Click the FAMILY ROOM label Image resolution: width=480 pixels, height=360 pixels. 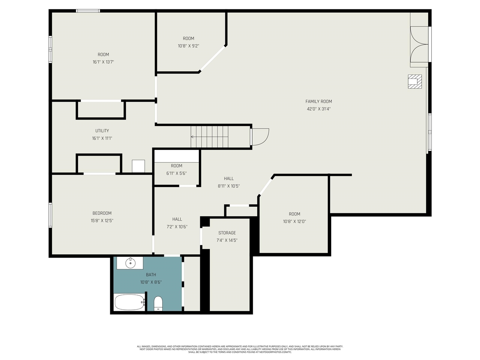tap(318, 101)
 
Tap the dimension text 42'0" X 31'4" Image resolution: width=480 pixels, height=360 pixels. tap(318, 109)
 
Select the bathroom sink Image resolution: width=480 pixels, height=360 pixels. tap(130, 263)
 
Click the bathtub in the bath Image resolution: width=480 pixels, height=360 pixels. tap(129, 302)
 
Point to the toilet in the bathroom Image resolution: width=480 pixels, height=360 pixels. tap(158, 303)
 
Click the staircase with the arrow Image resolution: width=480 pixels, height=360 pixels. tap(209, 137)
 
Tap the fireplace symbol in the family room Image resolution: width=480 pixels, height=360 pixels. tap(415, 81)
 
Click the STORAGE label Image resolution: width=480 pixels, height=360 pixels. tap(227, 233)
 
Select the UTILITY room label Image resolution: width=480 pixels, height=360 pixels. tap(102, 131)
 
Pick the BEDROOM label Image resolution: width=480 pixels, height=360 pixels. tap(102, 213)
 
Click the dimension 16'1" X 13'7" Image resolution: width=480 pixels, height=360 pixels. tap(103, 62)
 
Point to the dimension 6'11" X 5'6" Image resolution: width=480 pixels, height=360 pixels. tap(176, 174)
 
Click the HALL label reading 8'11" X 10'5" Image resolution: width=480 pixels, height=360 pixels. tap(229, 178)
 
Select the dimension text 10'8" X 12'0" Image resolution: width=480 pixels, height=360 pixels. tap(294, 222)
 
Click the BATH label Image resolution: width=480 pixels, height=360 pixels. tap(151, 275)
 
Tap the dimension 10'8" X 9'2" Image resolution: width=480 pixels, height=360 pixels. tap(188, 46)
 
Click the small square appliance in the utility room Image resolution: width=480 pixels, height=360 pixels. tap(138, 166)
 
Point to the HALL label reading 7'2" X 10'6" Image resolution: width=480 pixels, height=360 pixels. tap(177, 219)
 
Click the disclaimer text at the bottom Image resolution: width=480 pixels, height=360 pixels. tap(240, 349)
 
